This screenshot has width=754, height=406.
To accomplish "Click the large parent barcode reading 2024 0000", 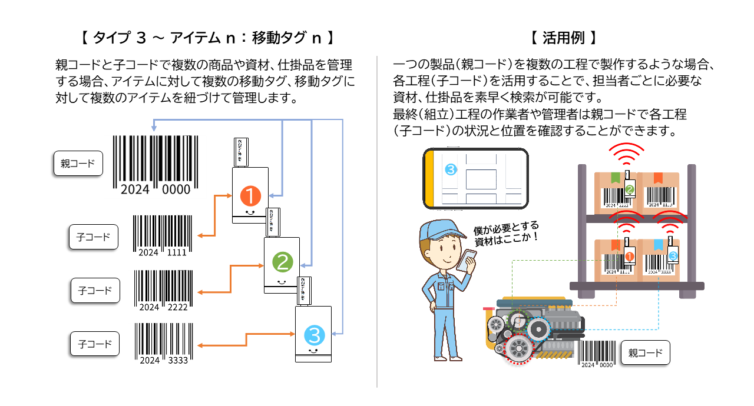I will pos(156,164).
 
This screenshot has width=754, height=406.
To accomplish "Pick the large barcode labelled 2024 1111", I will pos(163,235).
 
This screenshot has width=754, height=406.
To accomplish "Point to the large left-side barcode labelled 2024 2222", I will pos(163,290).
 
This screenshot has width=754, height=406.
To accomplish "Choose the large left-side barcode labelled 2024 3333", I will pos(163,343).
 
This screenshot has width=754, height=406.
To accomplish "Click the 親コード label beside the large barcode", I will pos(78,164).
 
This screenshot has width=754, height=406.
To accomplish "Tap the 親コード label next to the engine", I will pos(645,353).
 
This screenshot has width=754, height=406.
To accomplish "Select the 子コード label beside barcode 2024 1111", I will pos(93,238).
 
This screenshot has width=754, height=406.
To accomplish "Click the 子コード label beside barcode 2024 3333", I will pos(95,344).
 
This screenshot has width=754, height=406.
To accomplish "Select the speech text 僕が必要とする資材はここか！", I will pos(506,234).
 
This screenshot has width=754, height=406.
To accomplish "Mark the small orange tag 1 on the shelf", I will pos(629,256).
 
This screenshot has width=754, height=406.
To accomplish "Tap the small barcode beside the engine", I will pos(597,354).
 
